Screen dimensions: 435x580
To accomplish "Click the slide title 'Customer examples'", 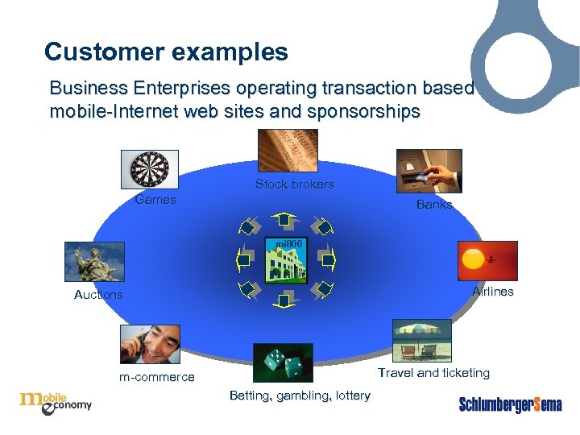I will (166, 52).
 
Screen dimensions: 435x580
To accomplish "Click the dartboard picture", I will (150, 169).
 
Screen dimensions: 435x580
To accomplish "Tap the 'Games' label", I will (155, 200).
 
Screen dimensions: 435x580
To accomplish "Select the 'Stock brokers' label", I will (294, 184).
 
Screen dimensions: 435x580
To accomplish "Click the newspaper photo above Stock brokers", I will (287, 150).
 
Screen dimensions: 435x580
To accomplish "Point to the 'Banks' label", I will (434, 205).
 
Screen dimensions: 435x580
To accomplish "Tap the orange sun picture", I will (487, 261).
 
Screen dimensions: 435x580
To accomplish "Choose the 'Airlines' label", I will (492, 292).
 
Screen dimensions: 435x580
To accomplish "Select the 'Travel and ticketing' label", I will (433, 373).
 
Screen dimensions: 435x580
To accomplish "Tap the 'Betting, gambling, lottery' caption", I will (300, 396).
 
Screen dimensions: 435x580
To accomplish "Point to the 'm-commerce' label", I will (156, 377).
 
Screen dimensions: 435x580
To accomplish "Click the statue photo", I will (95, 262).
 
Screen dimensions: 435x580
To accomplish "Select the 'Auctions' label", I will (98, 295).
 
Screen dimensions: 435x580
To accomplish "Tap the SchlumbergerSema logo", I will (510, 404).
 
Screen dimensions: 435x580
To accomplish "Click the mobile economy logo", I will (56, 400).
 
